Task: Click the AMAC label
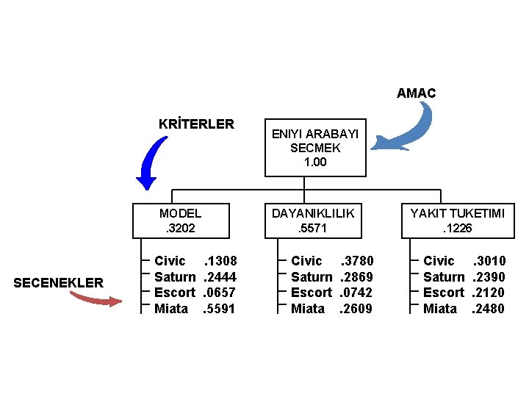coord(416,93)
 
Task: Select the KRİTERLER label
coord(196,124)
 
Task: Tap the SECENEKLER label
coord(59,283)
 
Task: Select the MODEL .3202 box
coord(180,221)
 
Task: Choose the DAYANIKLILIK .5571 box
coord(313,221)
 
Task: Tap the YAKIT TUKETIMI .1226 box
coord(457,221)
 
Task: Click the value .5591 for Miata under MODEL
coord(219,309)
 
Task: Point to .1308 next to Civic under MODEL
coord(220,261)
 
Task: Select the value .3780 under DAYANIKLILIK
coord(357,261)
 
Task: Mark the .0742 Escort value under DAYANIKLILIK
coord(357,293)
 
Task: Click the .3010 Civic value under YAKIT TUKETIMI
coord(489,261)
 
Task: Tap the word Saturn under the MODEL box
coord(174,277)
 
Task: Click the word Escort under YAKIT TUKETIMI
coord(443,293)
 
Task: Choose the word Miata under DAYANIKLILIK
coord(308,309)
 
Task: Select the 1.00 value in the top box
coord(315,162)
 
